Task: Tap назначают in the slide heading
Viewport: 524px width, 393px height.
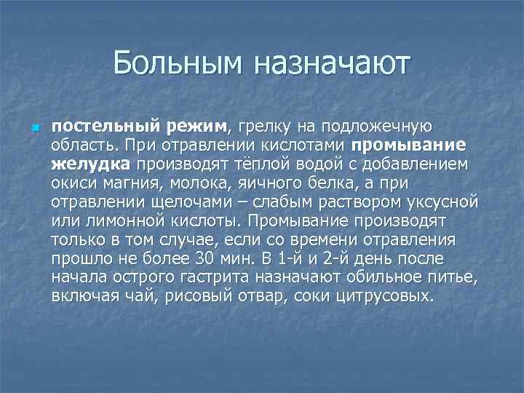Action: (x=332, y=63)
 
